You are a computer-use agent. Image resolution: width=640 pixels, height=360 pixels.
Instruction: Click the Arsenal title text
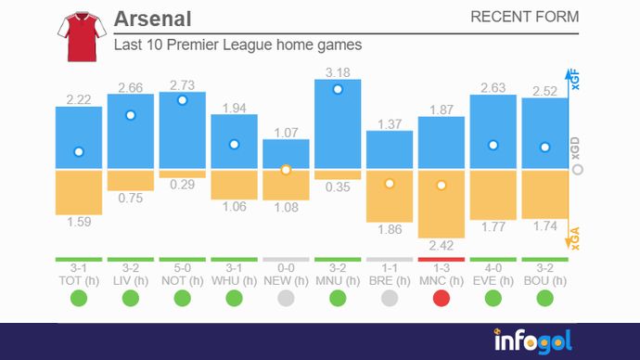tap(153, 19)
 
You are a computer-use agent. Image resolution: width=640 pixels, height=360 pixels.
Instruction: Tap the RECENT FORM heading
tap(524, 17)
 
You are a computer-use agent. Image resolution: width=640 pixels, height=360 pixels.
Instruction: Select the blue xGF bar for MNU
tap(338, 124)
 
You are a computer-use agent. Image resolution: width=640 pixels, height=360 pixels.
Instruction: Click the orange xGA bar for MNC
tap(442, 204)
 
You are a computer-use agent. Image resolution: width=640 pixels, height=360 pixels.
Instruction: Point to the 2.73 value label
tap(182, 84)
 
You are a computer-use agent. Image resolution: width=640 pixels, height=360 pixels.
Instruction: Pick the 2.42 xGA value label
tap(442, 245)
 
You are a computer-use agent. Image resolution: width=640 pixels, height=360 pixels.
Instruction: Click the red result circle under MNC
tap(442, 298)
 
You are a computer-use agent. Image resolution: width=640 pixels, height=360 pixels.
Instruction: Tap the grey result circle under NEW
tap(286, 298)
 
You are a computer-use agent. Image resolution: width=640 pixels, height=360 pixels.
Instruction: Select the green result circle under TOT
tap(79, 298)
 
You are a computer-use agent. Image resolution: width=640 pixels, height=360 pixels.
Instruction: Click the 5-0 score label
tap(182, 267)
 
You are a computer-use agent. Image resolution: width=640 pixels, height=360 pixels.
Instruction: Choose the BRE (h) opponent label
tap(390, 279)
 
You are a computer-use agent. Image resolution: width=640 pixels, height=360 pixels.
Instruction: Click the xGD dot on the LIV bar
tap(131, 115)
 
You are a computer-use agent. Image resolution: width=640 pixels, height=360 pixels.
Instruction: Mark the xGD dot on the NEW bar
tap(286, 170)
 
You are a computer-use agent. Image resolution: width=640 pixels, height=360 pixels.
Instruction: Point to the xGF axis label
tap(575, 80)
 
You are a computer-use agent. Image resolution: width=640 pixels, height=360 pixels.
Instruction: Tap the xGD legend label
tap(575, 150)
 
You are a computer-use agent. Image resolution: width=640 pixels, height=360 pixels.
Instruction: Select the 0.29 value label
tap(182, 186)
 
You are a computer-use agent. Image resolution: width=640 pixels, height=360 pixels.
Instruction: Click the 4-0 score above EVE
tap(493, 267)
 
